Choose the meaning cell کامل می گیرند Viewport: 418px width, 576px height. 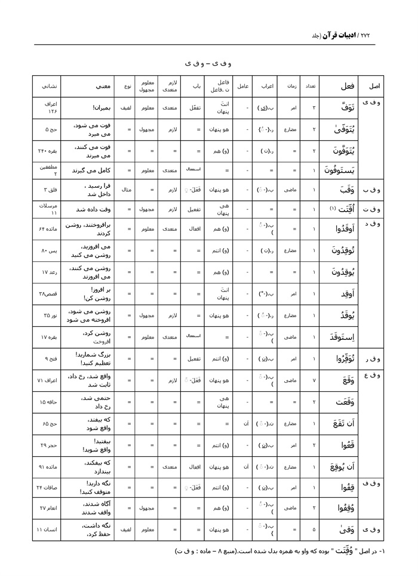pyautogui.click(x=88, y=170)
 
